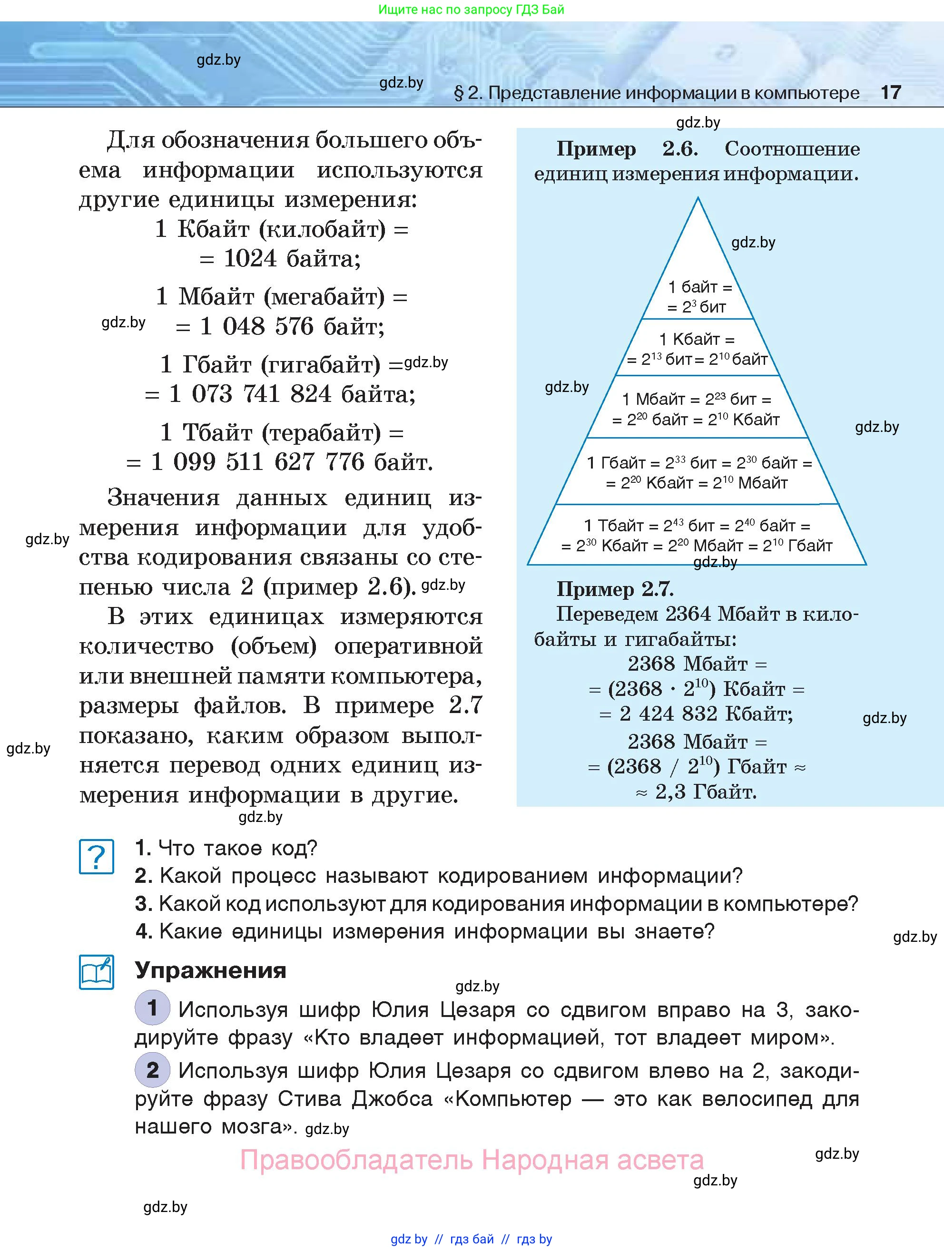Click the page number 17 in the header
click(890, 92)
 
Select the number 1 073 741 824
click(250, 394)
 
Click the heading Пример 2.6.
click(627, 149)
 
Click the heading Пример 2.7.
click(614, 589)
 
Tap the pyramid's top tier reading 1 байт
click(699, 297)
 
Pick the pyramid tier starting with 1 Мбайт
click(697, 409)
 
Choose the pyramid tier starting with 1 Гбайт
click(698, 473)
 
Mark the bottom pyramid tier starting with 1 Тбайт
click(697, 536)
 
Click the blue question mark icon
click(96, 857)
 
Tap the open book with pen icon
click(96, 972)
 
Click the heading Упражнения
click(210, 970)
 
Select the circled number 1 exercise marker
click(152, 1008)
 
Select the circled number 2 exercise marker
click(152, 1070)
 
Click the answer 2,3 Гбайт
click(706, 792)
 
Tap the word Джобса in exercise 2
click(392, 1099)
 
